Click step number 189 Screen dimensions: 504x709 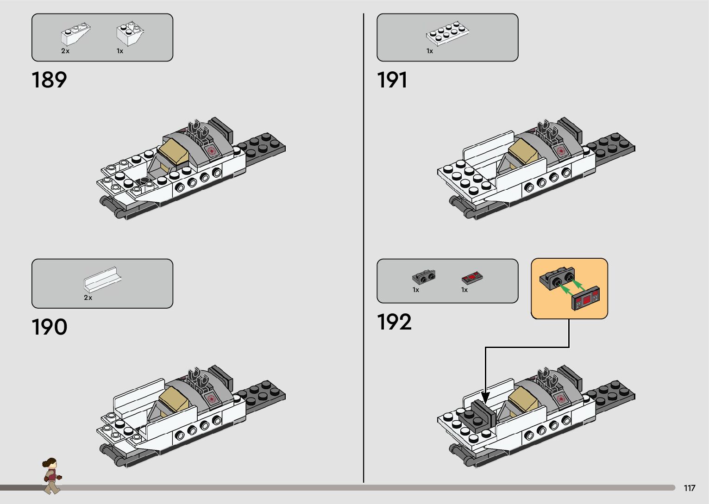49,80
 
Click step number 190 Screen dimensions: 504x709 49,327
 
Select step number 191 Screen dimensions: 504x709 392,80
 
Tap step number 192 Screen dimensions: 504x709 394,322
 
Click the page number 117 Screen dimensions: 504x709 689,488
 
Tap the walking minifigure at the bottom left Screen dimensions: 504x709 51,475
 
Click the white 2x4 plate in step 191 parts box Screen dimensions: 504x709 448,32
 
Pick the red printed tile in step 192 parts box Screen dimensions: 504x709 472,278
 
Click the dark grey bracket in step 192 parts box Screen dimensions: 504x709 423,276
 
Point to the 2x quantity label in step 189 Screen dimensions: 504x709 65,51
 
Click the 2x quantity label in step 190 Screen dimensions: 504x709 88,298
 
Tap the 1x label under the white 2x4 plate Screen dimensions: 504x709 430,51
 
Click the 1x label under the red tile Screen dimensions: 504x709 464,290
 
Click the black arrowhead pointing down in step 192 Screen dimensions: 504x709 485,397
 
